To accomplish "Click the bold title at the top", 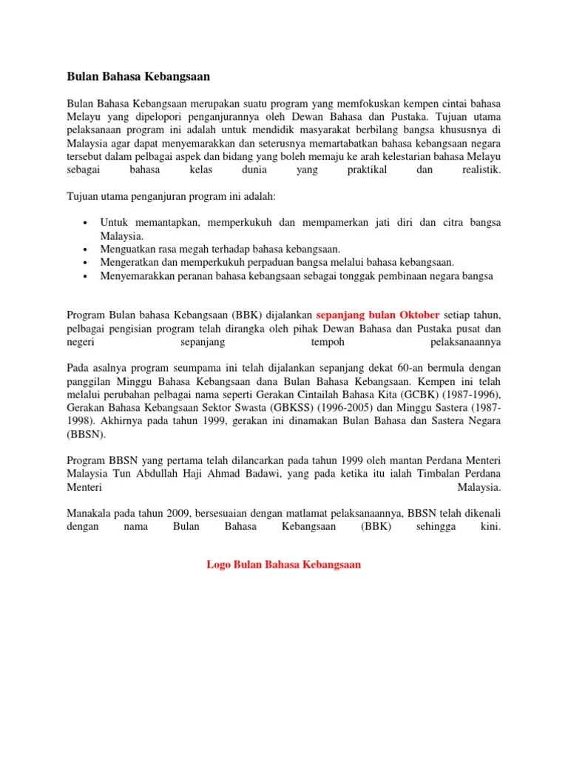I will pos(138,76).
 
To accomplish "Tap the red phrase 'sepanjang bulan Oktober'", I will pos(378,313).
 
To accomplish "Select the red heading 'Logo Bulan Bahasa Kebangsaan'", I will pos(283,564).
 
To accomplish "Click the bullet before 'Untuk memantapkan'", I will pos(87,223).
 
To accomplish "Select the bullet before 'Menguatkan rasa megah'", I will pos(87,249).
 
